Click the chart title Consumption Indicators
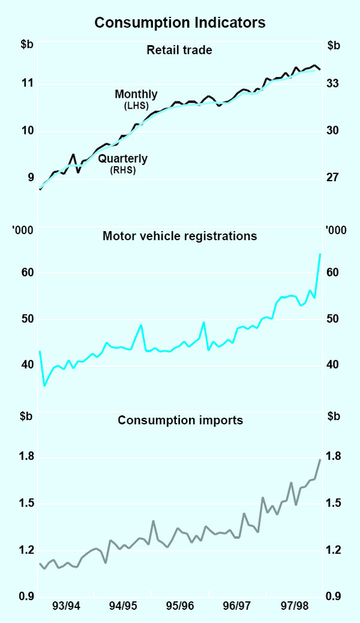(x=179, y=23)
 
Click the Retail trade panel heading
(x=179, y=50)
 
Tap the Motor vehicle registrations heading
(x=179, y=236)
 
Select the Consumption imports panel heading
(x=180, y=420)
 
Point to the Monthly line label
(x=136, y=94)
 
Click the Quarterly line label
(x=122, y=159)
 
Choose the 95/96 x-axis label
(x=179, y=606)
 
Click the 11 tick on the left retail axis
(x=27, y=83)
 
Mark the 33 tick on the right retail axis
(x=334, y=83)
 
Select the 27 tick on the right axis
(x=334, y=178)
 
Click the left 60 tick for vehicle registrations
(x=27, y=272)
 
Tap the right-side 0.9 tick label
(x=334, y=597)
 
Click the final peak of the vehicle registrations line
(x=320, y=254)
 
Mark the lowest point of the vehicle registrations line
(x=44, y=385)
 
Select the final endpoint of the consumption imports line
(x=320, y=459)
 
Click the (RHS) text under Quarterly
(x=122, y=170)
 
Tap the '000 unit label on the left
(x=26, y=229)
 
